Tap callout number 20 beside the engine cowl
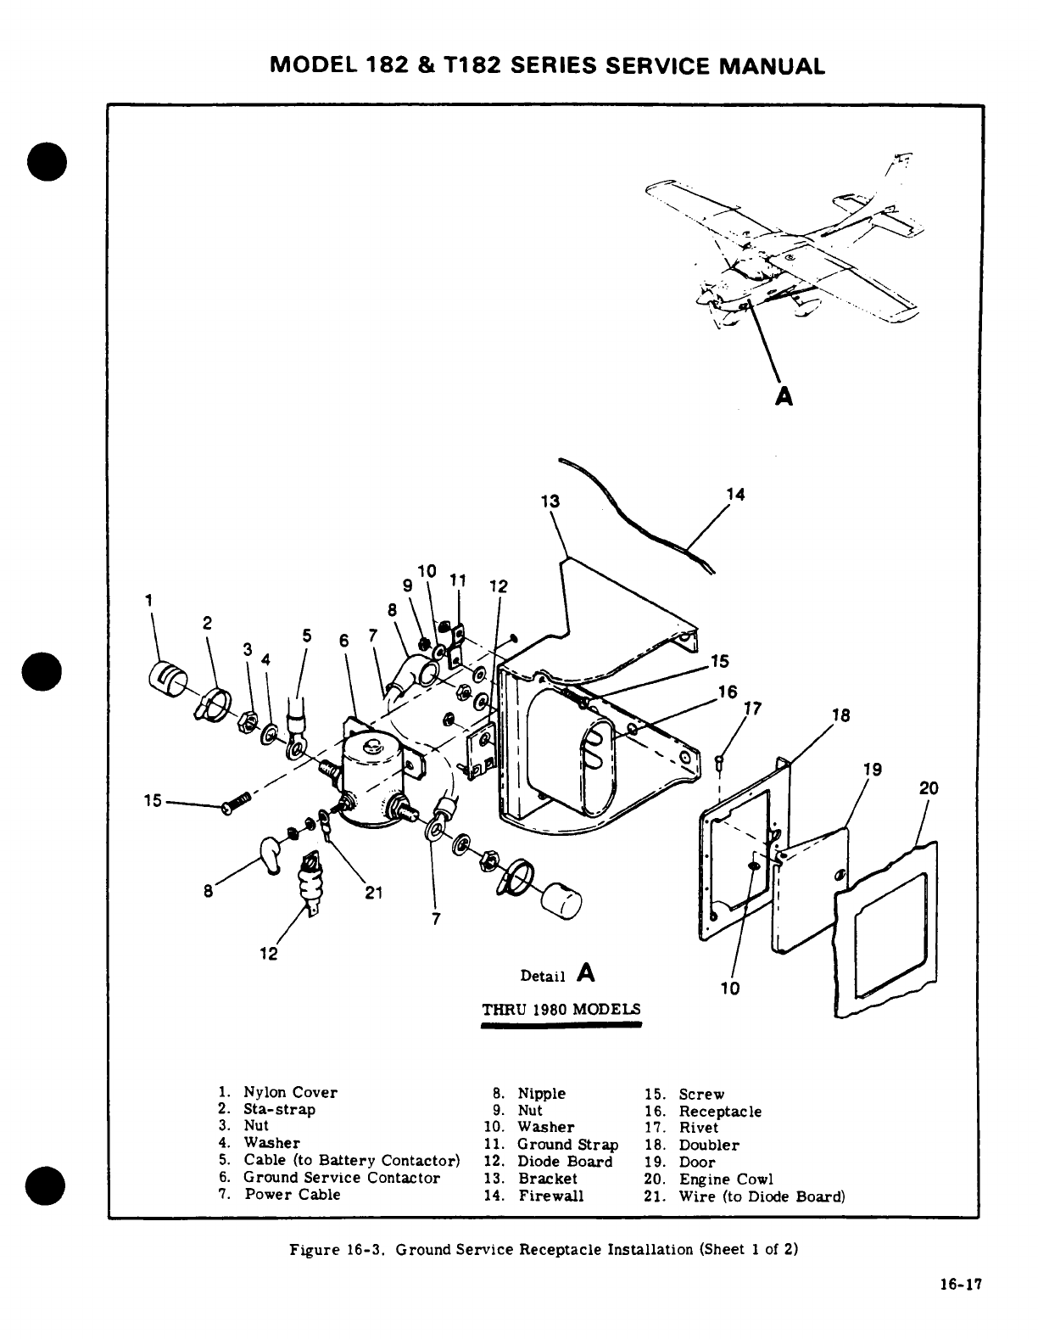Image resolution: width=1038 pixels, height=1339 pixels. point(929,788)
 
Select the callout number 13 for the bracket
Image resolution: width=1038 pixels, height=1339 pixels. point(550,501)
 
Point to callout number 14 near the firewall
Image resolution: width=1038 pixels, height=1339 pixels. point(735,494)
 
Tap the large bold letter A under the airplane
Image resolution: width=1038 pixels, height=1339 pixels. point(784,395)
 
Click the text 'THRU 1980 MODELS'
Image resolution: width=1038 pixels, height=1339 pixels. point(561,1010)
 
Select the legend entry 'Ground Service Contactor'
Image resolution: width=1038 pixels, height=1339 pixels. point(342,1178)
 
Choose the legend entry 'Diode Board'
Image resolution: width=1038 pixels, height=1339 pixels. point(565,1162)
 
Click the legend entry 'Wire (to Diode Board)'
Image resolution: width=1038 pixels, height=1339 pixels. point(762,1197)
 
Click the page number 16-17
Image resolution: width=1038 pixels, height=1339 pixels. point(960,1285)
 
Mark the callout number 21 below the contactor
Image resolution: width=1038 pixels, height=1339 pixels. point(374,892)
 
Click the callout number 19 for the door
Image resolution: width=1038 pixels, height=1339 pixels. point(872,770)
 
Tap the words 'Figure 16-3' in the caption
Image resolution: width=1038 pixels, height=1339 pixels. point(338,1250)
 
